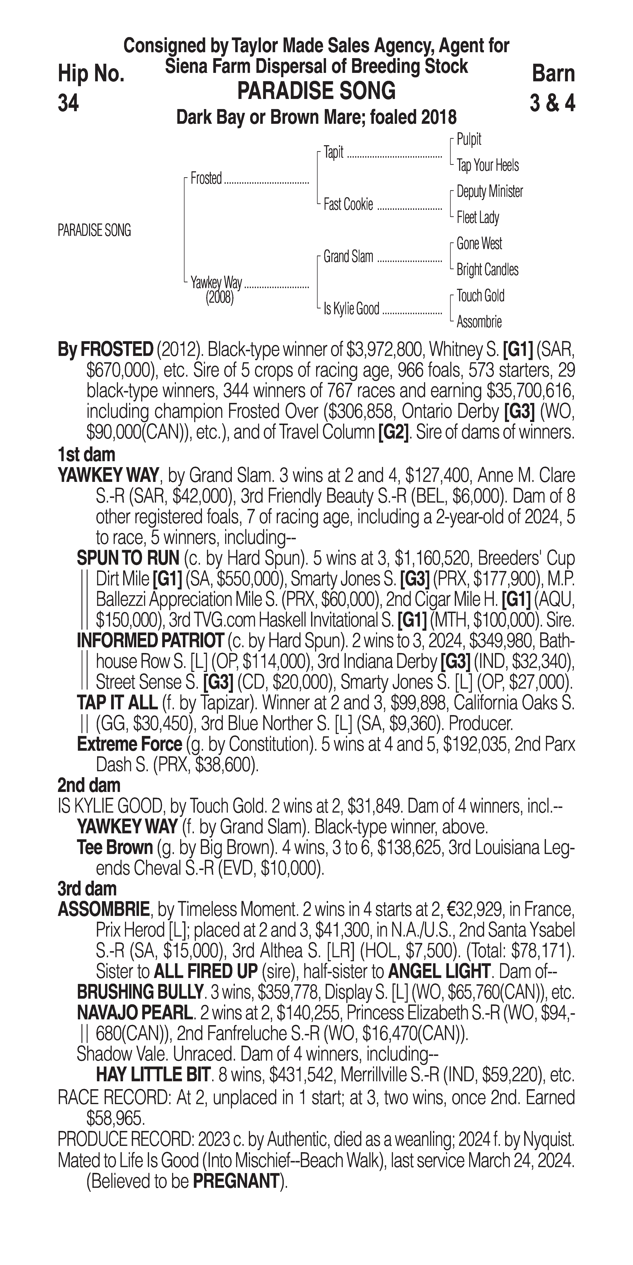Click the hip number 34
point(68,104)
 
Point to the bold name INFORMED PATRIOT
point(150,641)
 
